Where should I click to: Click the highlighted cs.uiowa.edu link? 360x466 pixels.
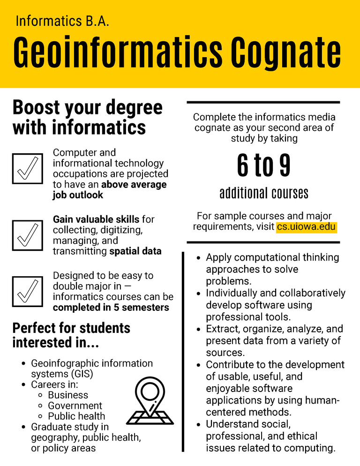point(306,227)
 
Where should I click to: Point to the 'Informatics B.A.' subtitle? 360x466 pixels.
point(62,21)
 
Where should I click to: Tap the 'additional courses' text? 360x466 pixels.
point(263,193)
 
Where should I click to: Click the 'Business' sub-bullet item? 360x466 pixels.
point(68,395)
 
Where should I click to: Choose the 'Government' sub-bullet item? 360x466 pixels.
point(75,406)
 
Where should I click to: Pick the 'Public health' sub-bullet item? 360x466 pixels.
point(76,416)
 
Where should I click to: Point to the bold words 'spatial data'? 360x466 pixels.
point(135,251)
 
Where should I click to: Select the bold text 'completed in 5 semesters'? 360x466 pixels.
point(111,308)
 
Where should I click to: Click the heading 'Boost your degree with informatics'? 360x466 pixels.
point(87,117)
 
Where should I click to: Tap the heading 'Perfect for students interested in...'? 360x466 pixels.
point(71,335)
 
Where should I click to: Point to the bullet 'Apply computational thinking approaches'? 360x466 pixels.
point(272,269)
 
